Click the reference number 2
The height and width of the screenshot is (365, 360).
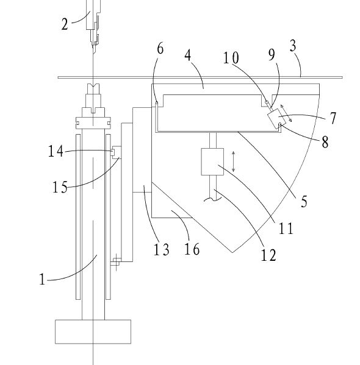[x=65, y=24]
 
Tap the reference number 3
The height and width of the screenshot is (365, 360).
[x=293, y=45]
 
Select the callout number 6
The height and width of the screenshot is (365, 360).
[x=160, y=49]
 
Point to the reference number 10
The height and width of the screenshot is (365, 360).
[x=231, y=58]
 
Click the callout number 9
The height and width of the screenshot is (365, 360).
[x=272, y=55]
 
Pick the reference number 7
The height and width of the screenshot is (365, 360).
[x=333, y=118]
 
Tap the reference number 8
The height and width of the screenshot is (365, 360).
[x=325, y=142]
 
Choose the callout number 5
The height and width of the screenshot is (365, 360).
[x=304, y=202]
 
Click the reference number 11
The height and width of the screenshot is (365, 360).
[x=286, y=229]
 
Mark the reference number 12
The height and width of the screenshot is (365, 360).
[x=268, y=255]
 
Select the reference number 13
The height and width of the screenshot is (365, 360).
[x=161, y=250]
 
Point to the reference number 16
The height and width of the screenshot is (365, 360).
[x=192, y=249]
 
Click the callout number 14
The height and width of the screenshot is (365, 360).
[x=56, y=151]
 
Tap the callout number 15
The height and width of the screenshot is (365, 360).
[x=60, y=187]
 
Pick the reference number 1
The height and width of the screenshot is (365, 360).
[x=42, y=279]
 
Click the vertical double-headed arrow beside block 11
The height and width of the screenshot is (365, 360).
[x=233, y=161]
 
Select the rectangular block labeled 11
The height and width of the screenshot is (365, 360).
[x=212, y=161]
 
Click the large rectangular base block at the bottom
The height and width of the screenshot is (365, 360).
[x=93, y=331]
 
